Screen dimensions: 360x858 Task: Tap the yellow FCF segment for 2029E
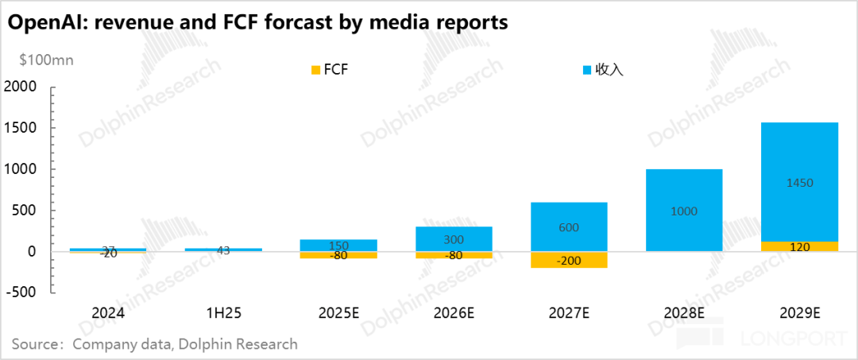(x=800, y=246)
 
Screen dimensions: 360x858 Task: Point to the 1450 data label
(x=799, y=183)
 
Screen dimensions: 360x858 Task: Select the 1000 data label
(x=683, y=211)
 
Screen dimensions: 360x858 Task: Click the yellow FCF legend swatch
(x=315, y=70)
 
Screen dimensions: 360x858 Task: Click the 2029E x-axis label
(x=800, y=314)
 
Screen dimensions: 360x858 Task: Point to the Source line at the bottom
(x=155, y=344)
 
